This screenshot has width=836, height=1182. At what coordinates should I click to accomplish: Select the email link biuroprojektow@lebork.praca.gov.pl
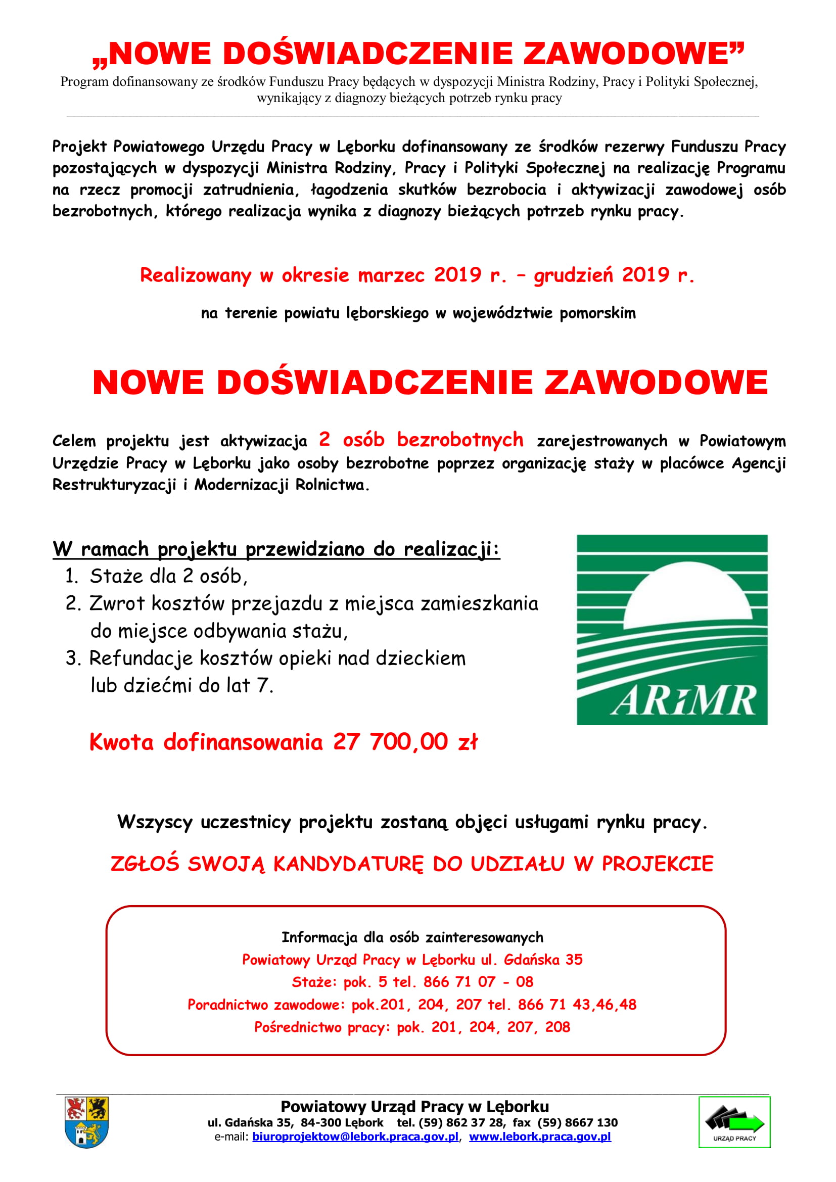pos(355,1137)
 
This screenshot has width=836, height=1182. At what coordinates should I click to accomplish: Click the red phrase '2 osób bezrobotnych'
pos(421,440)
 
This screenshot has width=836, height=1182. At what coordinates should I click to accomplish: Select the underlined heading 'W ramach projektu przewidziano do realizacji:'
pos(276,549)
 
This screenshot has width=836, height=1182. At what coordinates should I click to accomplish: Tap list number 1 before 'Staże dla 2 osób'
pos(71,576)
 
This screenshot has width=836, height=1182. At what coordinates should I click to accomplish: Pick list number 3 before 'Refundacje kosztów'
pos(71,658)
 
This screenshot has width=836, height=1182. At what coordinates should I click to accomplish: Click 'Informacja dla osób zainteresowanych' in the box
pos(412,937)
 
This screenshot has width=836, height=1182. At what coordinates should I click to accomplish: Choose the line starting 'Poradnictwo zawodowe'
pos(412,1005)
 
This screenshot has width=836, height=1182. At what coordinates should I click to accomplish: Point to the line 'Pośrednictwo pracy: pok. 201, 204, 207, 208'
pos(412,1027)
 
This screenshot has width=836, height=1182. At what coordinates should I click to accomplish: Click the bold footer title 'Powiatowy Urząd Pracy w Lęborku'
pos(414,1106)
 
